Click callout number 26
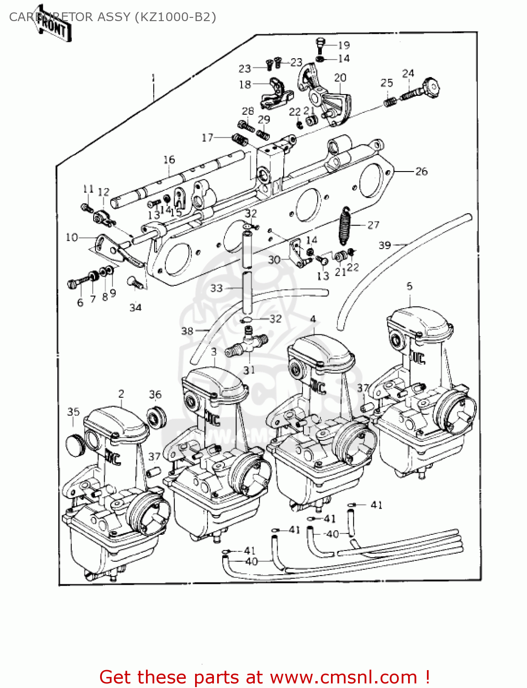421,172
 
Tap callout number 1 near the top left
153,78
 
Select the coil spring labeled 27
345,226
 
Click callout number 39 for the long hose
385,245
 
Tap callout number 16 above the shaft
169,160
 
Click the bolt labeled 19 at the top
320,44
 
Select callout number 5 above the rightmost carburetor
409,286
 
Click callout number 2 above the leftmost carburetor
121,394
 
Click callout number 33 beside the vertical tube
216,288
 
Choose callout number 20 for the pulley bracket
340,78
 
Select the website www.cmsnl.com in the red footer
343,677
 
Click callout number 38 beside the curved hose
187,330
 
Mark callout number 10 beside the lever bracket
72,237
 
